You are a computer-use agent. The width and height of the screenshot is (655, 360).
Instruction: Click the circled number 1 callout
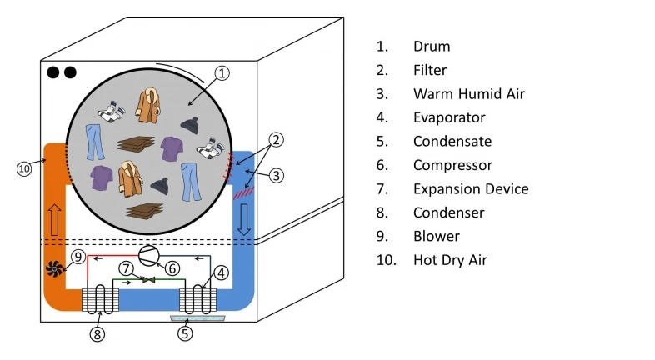coord(221,73)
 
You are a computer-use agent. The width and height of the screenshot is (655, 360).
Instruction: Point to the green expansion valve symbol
coord(149,280)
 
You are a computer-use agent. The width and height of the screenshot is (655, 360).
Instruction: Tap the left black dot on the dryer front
coord(53,72)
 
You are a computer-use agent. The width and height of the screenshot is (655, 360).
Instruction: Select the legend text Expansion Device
coord(470,188)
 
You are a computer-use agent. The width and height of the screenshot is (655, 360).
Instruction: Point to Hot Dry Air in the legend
coord(450,260)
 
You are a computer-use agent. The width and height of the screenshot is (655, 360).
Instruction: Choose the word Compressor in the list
coord(452,165)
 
